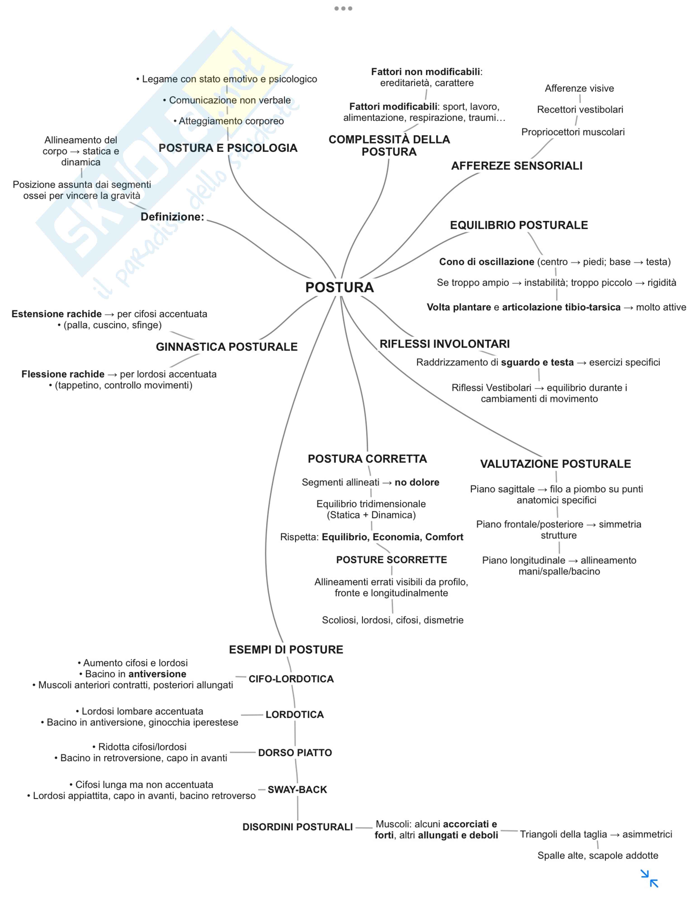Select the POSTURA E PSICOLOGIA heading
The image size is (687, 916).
pos(228,148)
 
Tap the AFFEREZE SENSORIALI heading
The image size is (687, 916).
pos(516,166)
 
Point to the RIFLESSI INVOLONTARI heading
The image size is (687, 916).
pos(444,344)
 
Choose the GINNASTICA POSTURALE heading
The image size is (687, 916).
pos(227,346)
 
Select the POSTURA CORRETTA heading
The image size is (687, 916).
pos(367,459)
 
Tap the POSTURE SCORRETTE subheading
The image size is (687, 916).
pos(391,560)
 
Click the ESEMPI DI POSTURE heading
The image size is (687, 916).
pos(286,649)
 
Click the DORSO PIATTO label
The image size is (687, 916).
pos(295,752)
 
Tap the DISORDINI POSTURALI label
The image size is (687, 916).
pos(297,827)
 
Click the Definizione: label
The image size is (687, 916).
pos(172,217)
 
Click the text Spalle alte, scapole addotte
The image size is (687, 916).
pos(597,855)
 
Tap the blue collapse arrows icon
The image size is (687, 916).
pos(649,878)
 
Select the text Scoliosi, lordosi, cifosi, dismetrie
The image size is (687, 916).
pos(392,620)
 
